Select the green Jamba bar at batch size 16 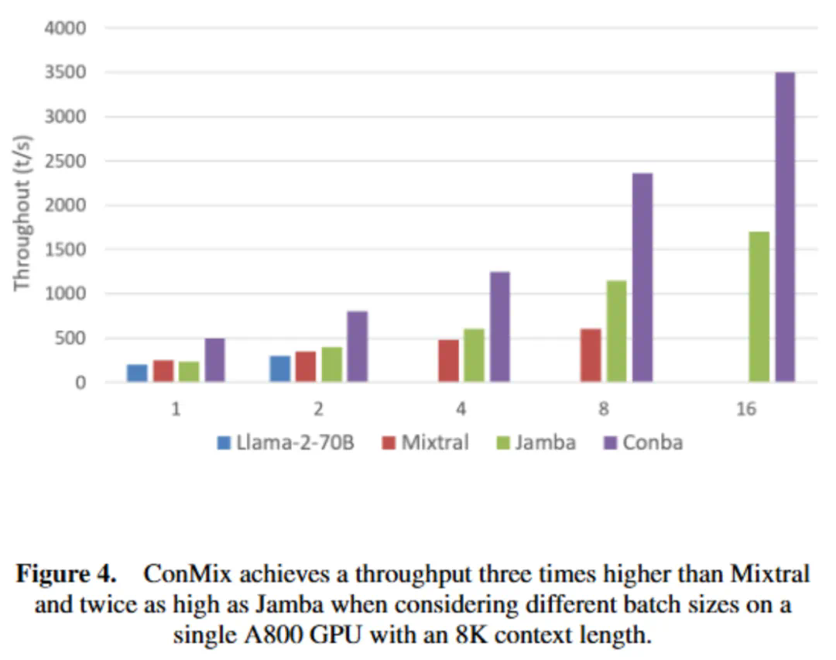point(759,307)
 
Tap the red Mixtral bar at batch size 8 point(591,356)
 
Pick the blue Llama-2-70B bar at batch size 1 point(137,373)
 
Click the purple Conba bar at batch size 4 point(499,327)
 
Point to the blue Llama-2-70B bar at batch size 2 point(279,369)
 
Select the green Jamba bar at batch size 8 point(616,331)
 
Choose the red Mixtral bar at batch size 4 point(448,360)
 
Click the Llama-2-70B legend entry point(286,443)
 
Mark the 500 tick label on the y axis point(74,339)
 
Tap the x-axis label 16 point(746,408)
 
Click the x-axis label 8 point(603,408)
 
